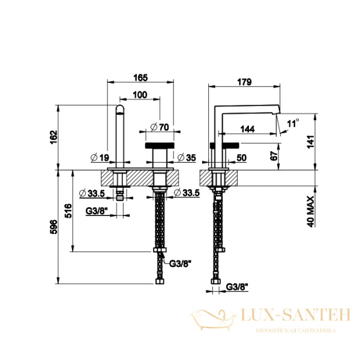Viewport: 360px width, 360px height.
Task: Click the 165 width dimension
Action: (x=140, y=78)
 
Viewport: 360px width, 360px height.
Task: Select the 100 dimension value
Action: (x=140, y=95)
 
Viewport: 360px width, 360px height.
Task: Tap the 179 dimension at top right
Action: (x=245, y=82)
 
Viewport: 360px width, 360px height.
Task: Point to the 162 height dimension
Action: (x=53, y=137)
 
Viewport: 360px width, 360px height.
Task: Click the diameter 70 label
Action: (x=160, y=127)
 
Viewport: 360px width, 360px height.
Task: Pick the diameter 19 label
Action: (x=100, y=157)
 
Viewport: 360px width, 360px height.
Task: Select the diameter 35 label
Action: (x=187, y=157)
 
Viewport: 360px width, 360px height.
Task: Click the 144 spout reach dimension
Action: (x=247, y=129)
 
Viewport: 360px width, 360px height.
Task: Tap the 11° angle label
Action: (x=293, y=124)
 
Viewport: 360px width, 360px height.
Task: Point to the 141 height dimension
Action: (x=310, y=142)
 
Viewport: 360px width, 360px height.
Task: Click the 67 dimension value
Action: (x=274, y=156)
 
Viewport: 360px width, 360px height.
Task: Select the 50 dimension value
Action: (x=242, y=158)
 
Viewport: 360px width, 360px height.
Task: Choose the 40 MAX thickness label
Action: (x=310, y=211)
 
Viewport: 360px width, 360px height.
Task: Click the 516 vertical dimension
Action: (x=68, y=211)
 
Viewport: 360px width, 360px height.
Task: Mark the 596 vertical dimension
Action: (x=53, y=227)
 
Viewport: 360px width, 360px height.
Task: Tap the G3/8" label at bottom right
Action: (x=237, y=287)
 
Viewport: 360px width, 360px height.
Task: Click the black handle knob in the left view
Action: (x=160, y=145)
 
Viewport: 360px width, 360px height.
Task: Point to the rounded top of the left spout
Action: (x=119, y=109)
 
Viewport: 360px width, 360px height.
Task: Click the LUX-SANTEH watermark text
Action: (x=296, y=315)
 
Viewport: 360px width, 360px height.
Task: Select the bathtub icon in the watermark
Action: (x=213, y=319)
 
